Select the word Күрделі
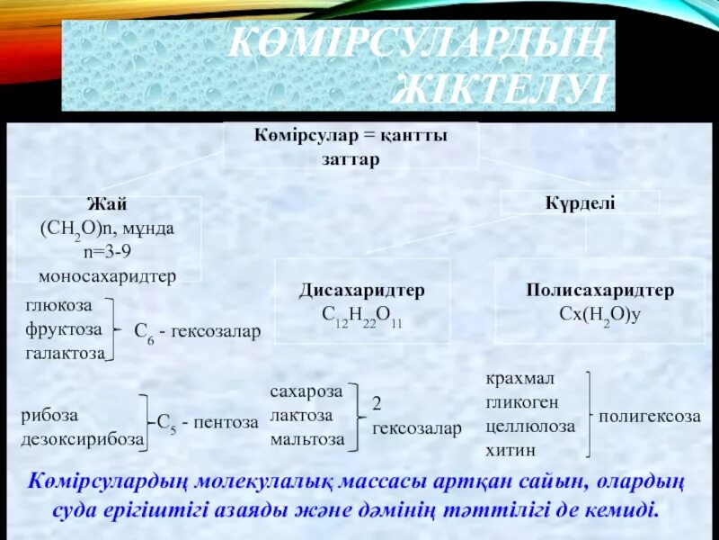(x=580, y=204)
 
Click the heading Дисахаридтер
(x=362, y=292)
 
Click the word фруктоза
(x=63, y=330)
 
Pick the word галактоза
(x=66, y=353)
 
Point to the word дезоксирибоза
(x=83, y=439)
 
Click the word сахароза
(x=306, y=392)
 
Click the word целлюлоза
(x=529, y=427)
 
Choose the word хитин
(x=510, y=449)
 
